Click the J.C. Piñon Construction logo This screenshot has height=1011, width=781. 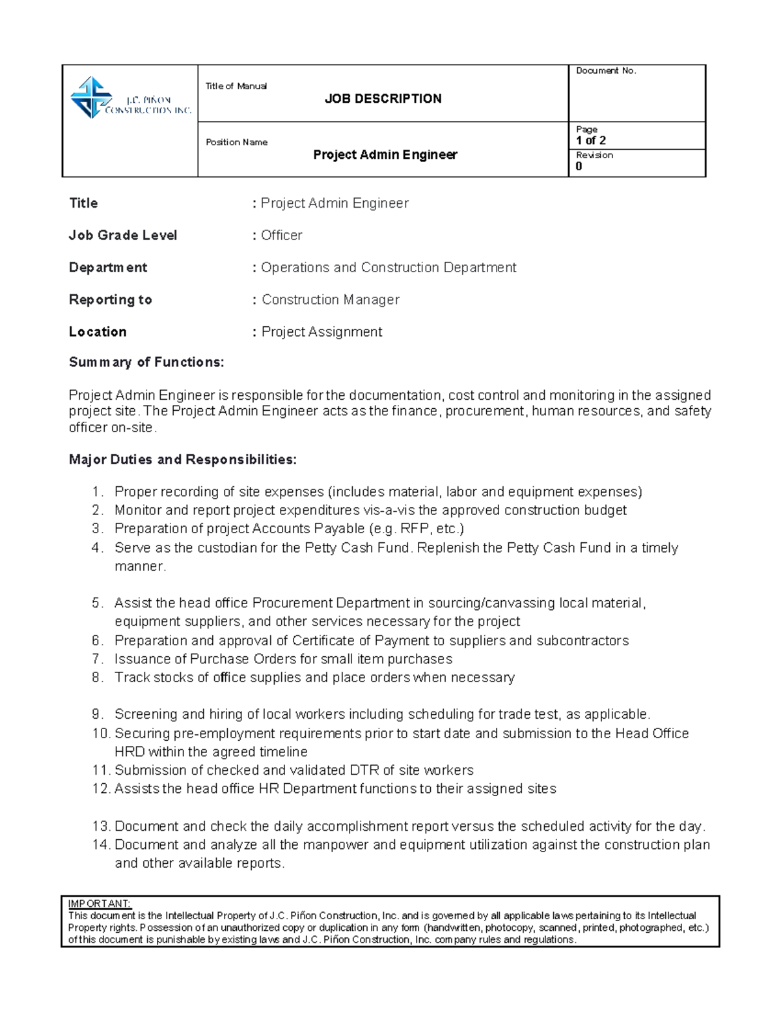pyautogui.click(x=130, y=98)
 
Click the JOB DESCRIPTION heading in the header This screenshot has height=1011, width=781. pyautogui.click(x=383, y=99)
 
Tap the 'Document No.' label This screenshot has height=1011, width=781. pyautogui.click(x=605, y=71)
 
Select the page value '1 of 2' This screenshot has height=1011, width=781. pyautogui.click(x=590, y=141)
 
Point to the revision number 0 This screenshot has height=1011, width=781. pyautogui.click(x=579, y=167)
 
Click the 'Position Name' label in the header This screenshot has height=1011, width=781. pyautogui.click(x=236, y=143)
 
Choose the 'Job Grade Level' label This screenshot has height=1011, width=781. pyautogui.click(x=123, y=236)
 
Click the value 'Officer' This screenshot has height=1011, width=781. pyautogui.click(x=281, y=236)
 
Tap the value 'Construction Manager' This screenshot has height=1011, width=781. pyautogui.click(x=330, y=300)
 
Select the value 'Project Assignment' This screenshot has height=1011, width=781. pyautogui.click(x=322, y=332)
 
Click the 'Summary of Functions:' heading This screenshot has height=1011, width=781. pyautogui.click(x=146, y=363)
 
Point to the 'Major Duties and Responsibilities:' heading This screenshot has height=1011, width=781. pyautogui.click(x=182, y=460)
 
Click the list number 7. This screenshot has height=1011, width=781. pyautogui.click(x=97, y=659)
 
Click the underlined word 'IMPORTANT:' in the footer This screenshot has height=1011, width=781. pyautogui.click(x=100, y=904)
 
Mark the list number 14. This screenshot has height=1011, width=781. pyautogui.click(x=101, y=845)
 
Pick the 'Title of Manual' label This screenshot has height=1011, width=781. pyautogui.click(x=236, y=87)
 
